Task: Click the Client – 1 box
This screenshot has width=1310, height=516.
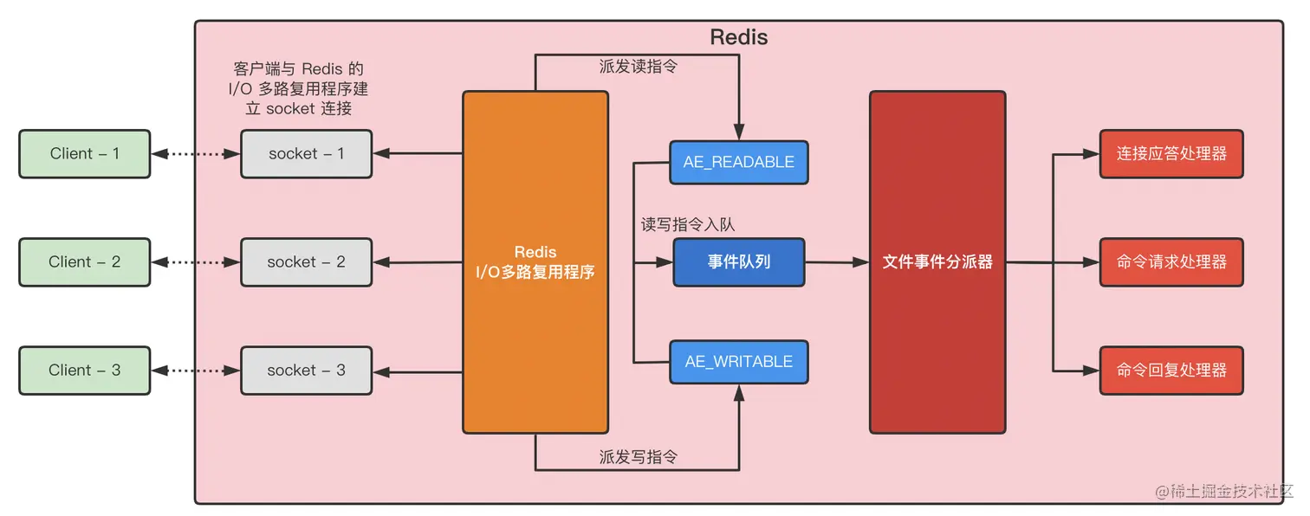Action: click(x=85, y=154)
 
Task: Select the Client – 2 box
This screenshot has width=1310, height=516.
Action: click(x=85, y=262)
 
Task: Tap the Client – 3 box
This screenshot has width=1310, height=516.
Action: click(x=85, y=371)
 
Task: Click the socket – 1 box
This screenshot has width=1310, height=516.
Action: click(x=306, y=154)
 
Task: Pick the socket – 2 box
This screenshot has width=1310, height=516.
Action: click(x=306, y=262)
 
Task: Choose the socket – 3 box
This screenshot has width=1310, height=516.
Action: click(x=306, y=371)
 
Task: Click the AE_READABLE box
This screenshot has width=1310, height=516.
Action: click(x=739, y=163)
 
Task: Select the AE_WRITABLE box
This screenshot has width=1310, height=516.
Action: click(x=739, y=362)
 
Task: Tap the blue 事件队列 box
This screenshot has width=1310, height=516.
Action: click(x=739, y=262)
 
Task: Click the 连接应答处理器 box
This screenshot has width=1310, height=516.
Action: click(x=1171, y=154)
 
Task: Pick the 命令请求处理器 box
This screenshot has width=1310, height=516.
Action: click(x=1171, y=262)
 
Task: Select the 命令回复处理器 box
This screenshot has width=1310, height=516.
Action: click(x=1171, y=371)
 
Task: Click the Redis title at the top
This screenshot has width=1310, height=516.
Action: click(x=738, y=37)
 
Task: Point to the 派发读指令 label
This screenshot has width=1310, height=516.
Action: click(x=638, y=67)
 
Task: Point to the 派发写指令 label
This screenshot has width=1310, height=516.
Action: click(x=638, y=457)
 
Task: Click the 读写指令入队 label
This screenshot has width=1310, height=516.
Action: click(x=687, y=225)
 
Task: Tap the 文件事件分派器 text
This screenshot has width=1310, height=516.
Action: click(x=937, y=261)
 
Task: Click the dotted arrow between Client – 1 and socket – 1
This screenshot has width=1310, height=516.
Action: click(x=195, y=154)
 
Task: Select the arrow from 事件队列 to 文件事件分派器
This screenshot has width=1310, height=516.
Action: click(x=837, y=261)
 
